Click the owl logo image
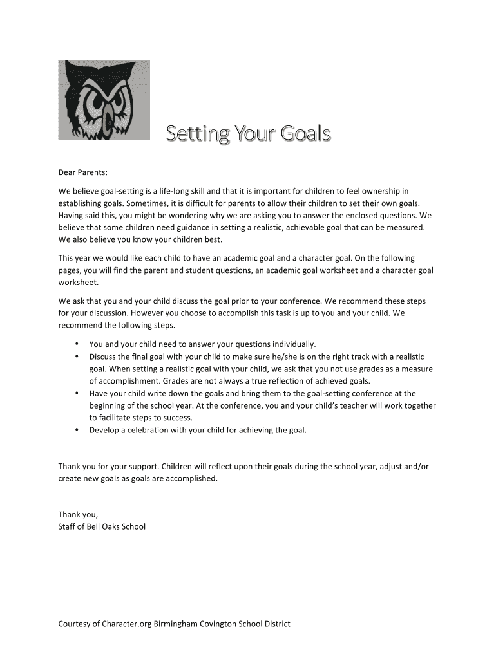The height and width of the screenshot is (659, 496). (104, 100)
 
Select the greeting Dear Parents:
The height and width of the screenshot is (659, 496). (83, 172)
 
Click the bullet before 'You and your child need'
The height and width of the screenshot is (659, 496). (77, 344)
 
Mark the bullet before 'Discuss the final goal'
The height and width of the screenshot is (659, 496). (77, 356)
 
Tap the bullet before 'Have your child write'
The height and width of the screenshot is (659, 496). (77, 393)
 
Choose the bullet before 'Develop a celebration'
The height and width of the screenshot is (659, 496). (77, 429)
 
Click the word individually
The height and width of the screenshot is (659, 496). (291, 344)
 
